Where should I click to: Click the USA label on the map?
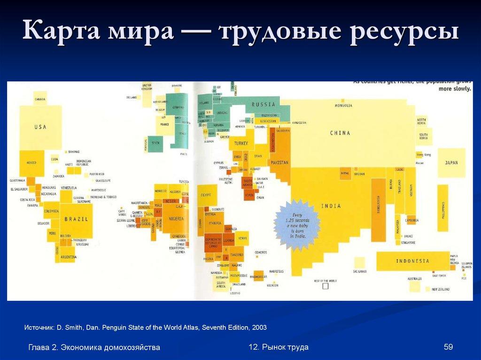pos(40,127)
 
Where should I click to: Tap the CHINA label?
pos(340,133)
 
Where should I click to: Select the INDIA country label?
pos(331,206)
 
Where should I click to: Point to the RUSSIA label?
pos(263,105)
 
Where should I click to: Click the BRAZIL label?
pos(73,219)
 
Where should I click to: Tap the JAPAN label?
pos(451,163)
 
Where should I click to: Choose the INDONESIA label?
pos(412,261)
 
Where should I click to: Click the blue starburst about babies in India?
pos(296,225)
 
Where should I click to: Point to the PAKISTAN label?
pos(279,162)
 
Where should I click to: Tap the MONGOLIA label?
pos(343,106)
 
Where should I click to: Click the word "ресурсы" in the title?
pos(404,33)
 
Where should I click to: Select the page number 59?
pos(448,347)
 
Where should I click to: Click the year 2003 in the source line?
pos(259,327)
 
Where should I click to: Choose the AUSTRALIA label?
pos(414,278)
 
